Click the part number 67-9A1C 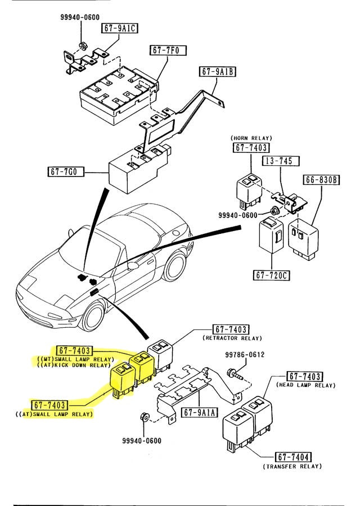pos(119,28)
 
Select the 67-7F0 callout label pos(165,50)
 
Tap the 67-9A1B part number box pos(217,72)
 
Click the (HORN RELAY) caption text pos(251,138)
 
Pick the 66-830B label pos(322,180)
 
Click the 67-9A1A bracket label pos(200,412)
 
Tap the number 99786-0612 pos(245,355)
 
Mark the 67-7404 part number pos(293,457)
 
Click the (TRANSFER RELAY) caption pos(292,466)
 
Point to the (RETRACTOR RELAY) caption pos(232,338)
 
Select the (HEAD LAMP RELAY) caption pos(306,385)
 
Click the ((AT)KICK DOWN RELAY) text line pos(74,365)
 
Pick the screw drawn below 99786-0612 pos(235,373)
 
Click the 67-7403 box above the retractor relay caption pos(231,329)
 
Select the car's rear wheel pos(175,264)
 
